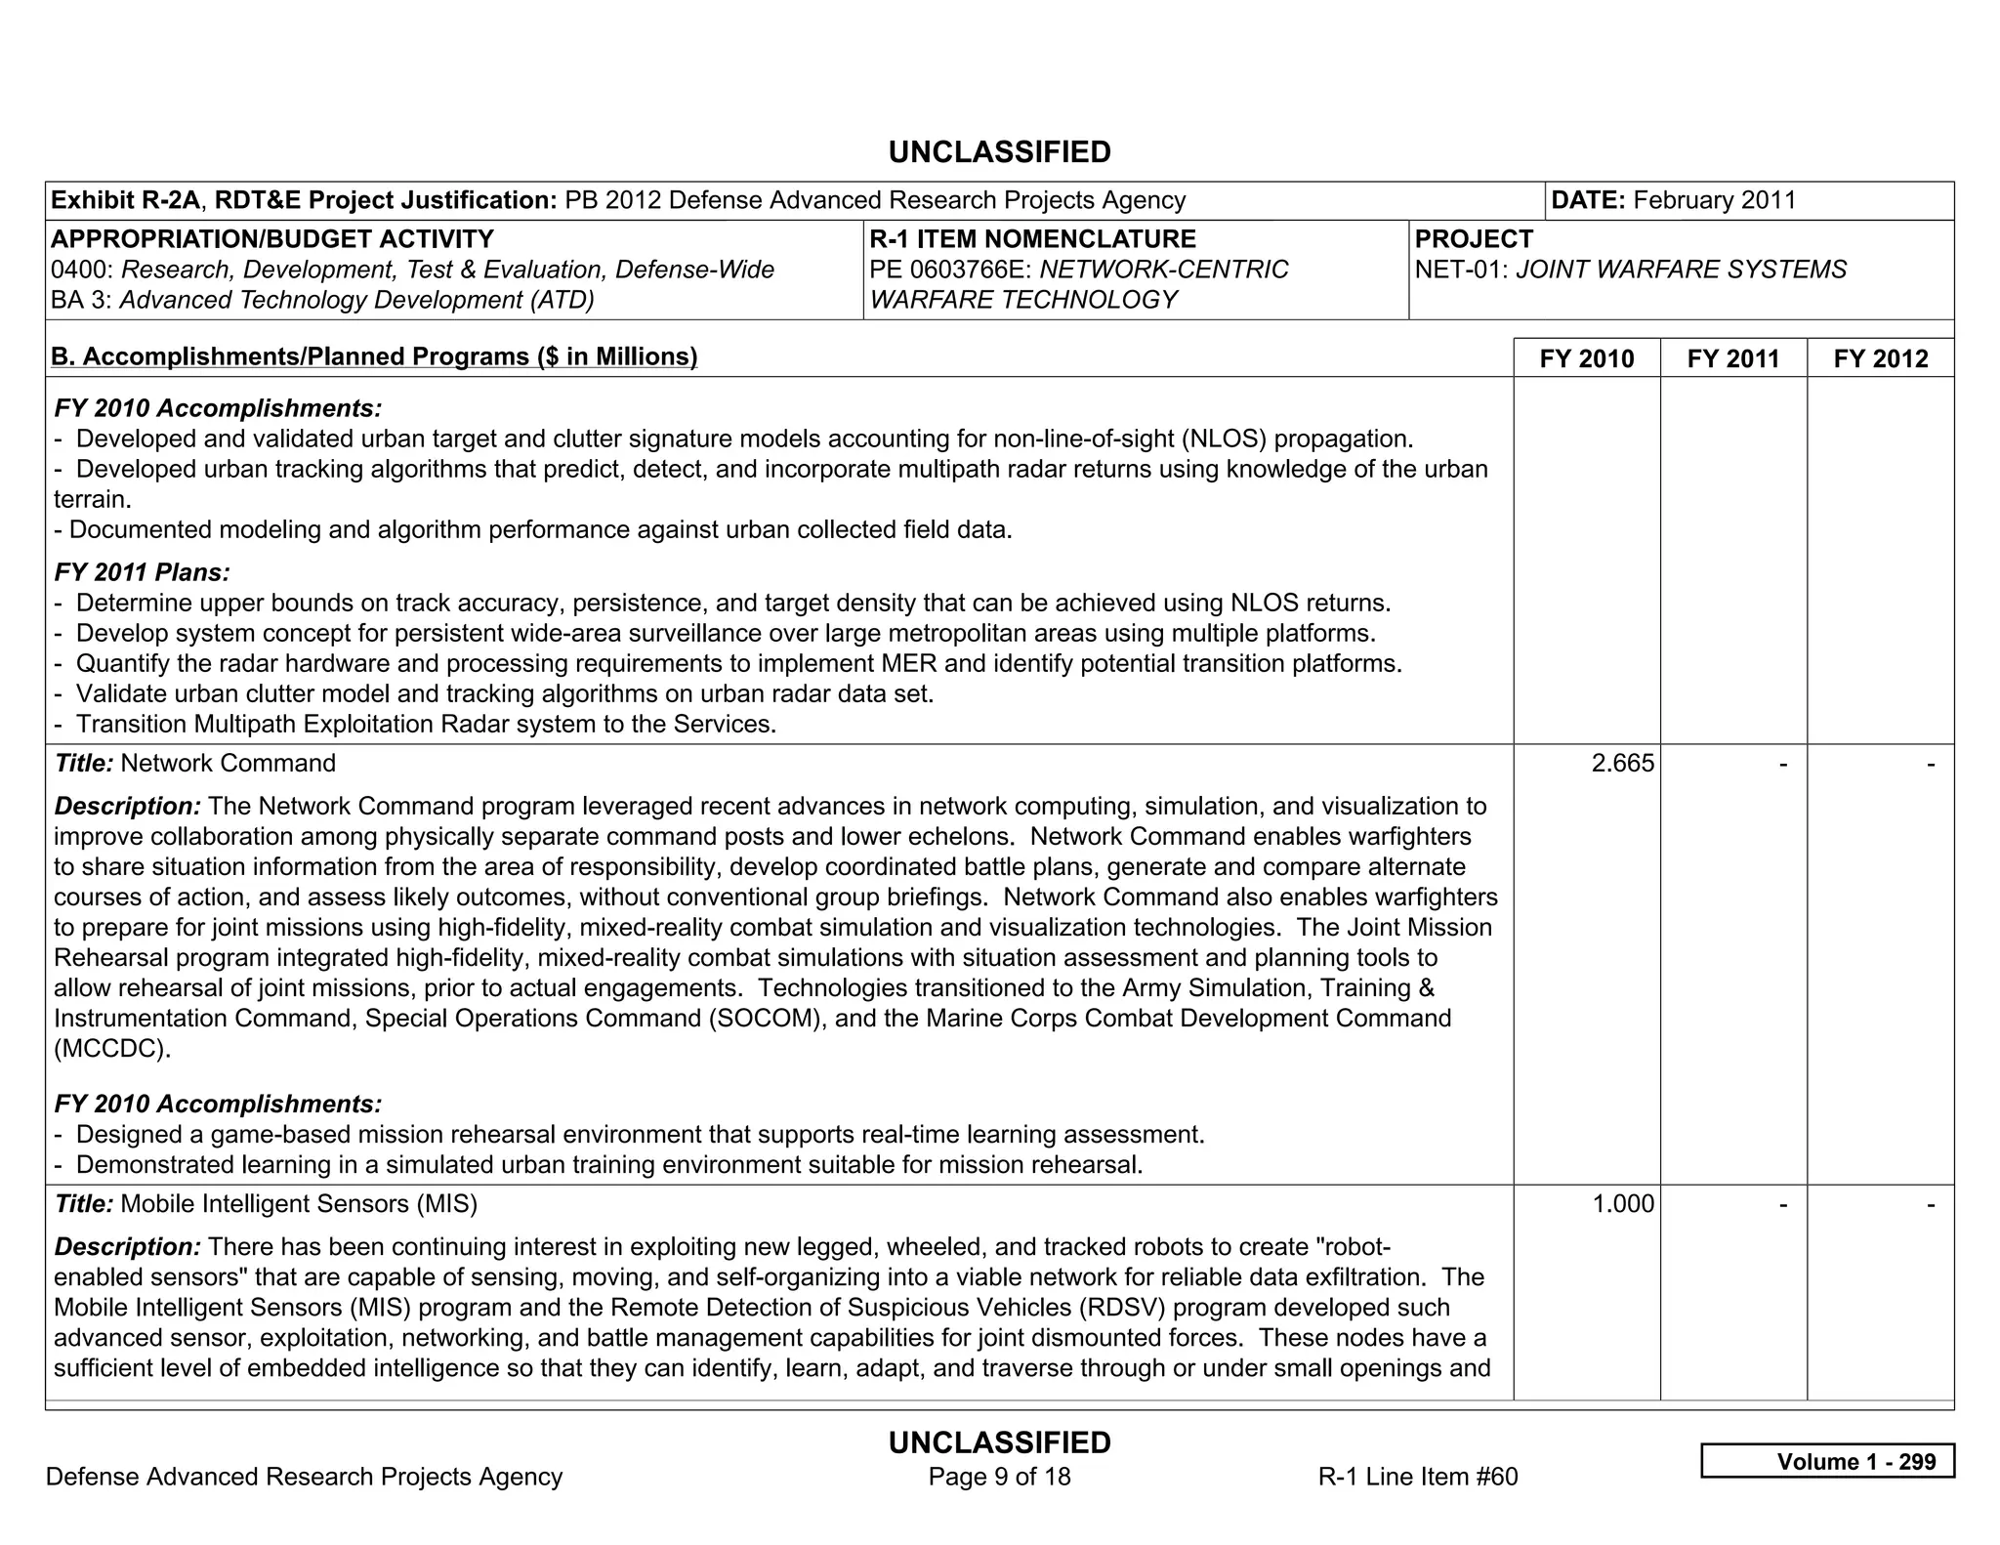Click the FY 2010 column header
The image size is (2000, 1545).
1586,358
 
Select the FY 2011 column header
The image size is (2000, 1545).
1733,358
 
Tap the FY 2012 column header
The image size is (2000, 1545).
1881,358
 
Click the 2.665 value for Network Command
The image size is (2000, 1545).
1622,764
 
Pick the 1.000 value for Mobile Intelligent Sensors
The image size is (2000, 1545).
1623,1204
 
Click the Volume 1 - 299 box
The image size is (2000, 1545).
1827,1461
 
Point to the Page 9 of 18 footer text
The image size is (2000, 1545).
999,1477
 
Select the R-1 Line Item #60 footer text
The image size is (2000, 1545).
1417,1477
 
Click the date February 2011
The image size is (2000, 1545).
1714,200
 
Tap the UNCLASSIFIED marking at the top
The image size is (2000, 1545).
999,152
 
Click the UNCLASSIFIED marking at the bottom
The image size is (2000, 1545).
999,1442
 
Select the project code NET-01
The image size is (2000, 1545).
1461,270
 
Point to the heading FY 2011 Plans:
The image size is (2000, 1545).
143,572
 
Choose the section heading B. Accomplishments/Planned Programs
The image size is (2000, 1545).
374,356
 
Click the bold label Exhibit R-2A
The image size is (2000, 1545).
125,200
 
